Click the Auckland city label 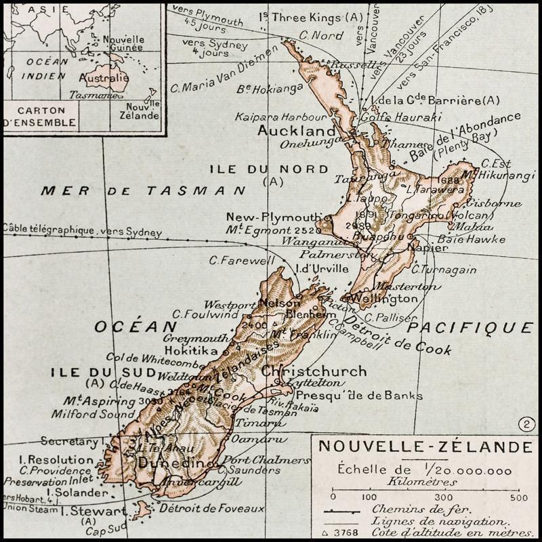tap(297, 130)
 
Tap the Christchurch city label tap(313, 371)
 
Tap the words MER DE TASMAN tap(142, 190)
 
